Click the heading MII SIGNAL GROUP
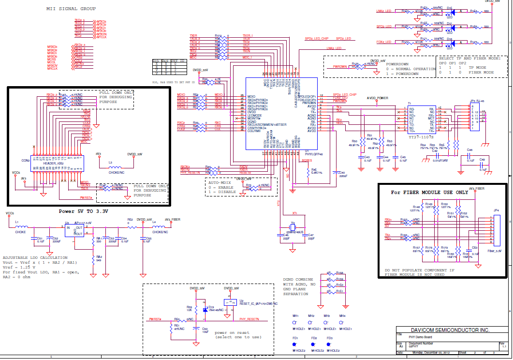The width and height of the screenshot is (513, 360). coord(71,9)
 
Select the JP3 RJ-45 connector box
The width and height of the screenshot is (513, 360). coord(474,116)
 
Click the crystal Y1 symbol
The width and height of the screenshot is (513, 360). coord(293,227)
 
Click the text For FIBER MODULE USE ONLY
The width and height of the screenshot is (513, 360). coord(430,192)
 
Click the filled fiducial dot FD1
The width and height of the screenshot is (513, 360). coord(294,345)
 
